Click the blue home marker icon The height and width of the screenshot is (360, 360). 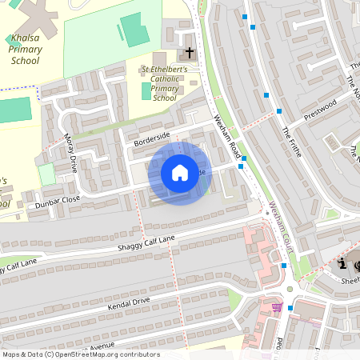tap(180, 173)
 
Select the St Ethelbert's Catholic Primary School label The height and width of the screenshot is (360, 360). tap(165, 83)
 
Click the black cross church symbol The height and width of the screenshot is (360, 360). tap(190, 54)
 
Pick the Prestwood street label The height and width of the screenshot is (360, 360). tap(322, 110)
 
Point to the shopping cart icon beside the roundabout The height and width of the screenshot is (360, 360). tap(277, 306)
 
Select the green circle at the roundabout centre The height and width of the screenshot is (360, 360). tap(290, 290)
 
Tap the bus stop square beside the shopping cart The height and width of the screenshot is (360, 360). tap(291, 305)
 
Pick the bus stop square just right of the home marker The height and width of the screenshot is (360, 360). tap(242, 167)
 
